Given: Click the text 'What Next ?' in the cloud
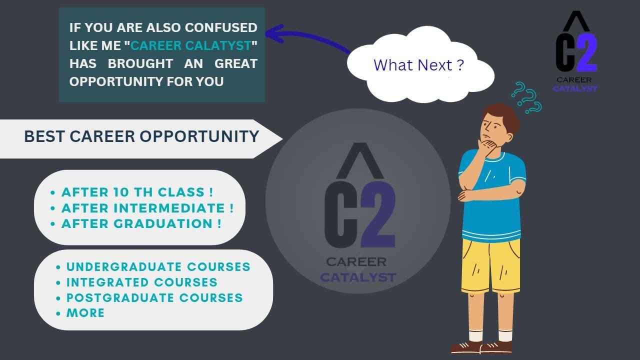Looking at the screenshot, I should click(x=418, y=65).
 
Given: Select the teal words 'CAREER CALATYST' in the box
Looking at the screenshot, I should click(x=190, y=46).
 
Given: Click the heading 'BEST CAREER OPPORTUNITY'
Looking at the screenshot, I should click(x=141, y=136).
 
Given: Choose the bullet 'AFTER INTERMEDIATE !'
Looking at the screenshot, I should click(x=147, y=208).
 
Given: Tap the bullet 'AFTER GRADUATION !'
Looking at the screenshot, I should click(x=141, y=223).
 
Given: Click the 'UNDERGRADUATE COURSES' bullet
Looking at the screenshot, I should click(x=158, y=267).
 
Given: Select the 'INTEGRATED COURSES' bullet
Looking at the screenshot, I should click(x=141, y=282).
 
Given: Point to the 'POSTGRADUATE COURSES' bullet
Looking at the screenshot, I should click(x=154, y=298).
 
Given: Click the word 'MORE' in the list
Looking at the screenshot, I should click(x=85, y=313).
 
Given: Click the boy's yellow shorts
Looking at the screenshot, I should click(x=490, y=265).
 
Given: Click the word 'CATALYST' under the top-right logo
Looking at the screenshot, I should click(x=574, y=89).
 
